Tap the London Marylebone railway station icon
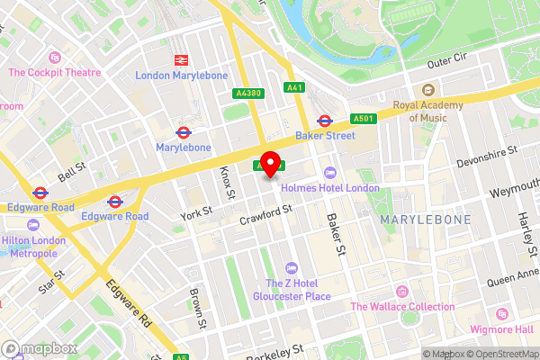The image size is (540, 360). click(180, 60)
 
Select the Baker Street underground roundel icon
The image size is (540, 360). click(325, 121)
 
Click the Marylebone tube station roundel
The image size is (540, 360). click(184, 131)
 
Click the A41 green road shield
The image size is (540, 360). click(294, 87)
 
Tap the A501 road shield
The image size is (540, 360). click(364, 118)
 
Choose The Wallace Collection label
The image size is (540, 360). click(402, 307)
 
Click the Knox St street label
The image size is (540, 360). click(227, 183)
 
